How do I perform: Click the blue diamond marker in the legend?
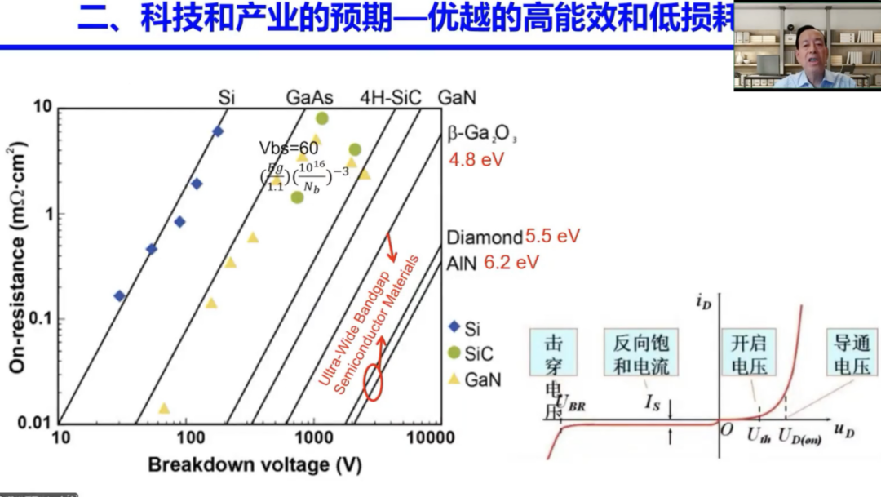(455, 328)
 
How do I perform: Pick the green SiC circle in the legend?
(455, 353)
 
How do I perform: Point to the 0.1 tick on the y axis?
(41, 319)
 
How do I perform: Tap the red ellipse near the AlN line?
(373, 383)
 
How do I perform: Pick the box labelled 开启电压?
(750, 353)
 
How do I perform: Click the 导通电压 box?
(852, 353)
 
